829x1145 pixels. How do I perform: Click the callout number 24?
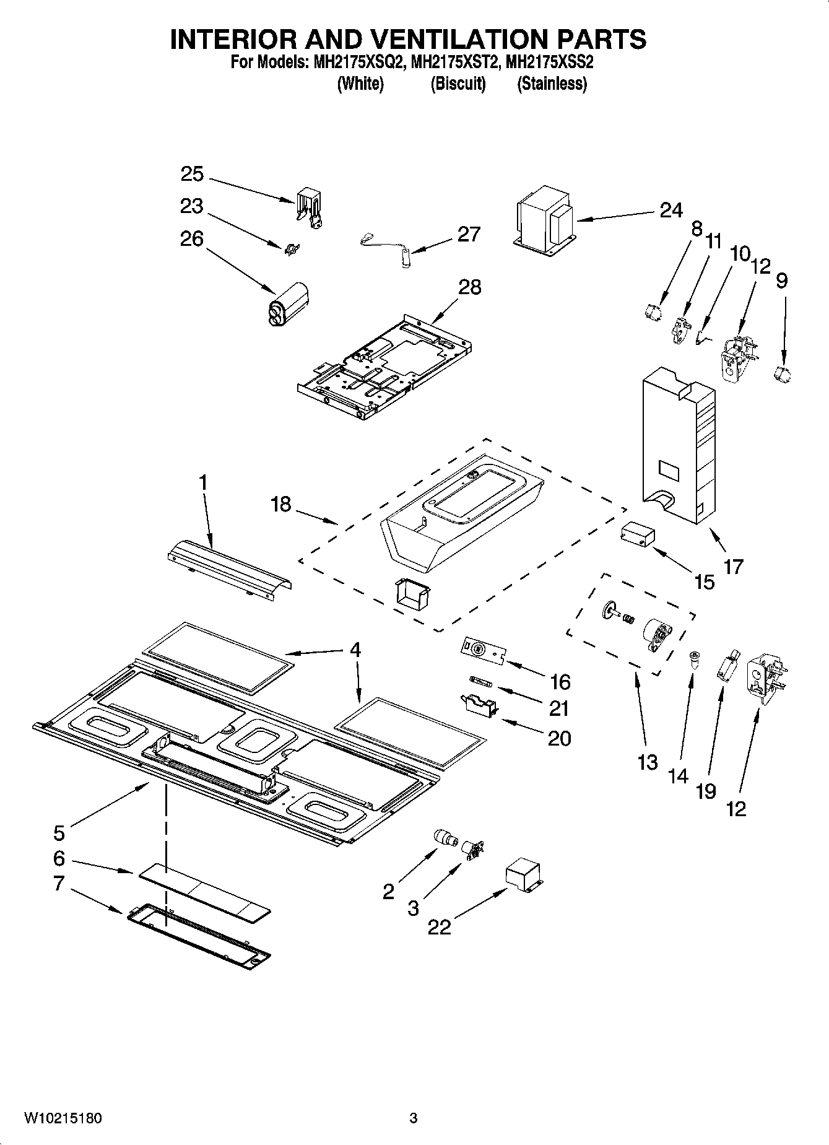tap(671, 210)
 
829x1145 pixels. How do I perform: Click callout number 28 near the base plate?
tap(470, 287)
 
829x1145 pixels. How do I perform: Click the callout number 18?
tap(280, 504)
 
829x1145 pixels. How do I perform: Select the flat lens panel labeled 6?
tap(204, 892)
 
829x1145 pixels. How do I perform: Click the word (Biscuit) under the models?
tap(458, 84)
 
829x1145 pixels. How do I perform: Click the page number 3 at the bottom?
tap(414, 1118)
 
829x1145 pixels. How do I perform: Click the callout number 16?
tap(560, 682)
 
